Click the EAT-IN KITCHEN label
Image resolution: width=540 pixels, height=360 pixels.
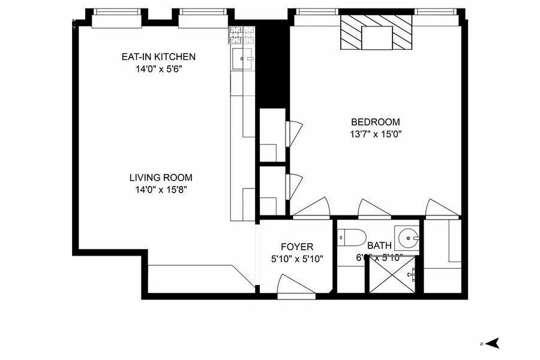click(158, 57)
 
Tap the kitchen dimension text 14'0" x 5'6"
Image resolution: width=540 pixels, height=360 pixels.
click(158, 69)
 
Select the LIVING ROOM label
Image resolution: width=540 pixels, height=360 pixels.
click(161, 178)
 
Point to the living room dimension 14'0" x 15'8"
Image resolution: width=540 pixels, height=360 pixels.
click(161, 190)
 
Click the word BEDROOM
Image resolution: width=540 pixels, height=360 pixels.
click(375, 122)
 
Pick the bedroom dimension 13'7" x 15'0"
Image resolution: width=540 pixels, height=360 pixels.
click(375, 134)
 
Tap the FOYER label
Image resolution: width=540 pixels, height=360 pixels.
click(297, 247)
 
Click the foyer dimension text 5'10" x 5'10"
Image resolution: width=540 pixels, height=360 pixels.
click(297, 259)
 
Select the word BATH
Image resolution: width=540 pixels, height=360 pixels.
click(379, 245)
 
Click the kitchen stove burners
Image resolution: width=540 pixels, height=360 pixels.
click(242, 36)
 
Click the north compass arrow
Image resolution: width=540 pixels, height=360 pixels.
click(493, 344)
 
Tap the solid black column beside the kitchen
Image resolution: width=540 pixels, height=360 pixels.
click(273, 66)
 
